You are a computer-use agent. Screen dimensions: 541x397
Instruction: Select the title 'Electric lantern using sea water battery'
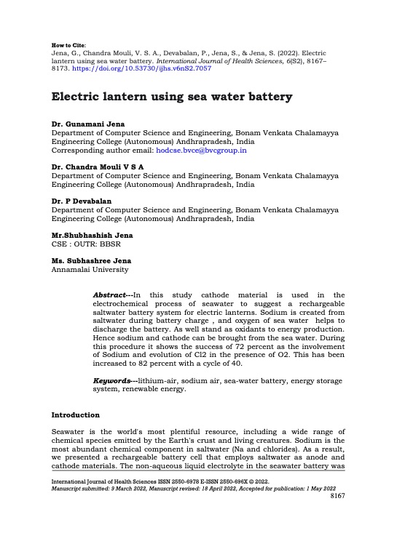click(172, 97)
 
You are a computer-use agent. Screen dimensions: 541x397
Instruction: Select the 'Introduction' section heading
click(75, 414)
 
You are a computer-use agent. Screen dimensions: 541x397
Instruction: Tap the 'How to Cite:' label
click(67, 44)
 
